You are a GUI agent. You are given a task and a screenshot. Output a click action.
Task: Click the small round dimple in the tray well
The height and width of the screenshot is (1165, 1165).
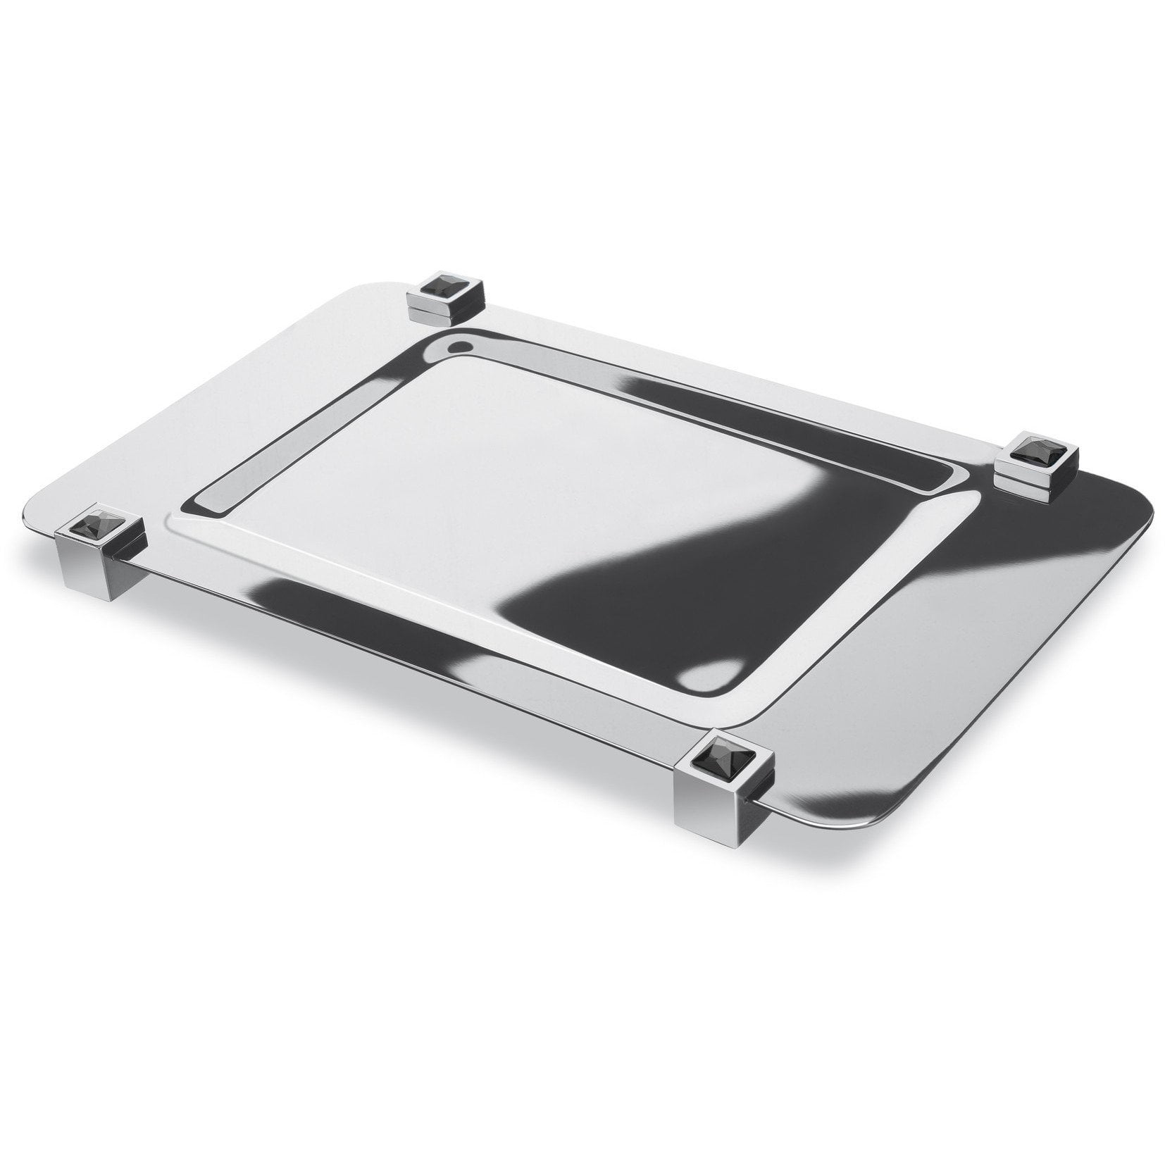(459, 346)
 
